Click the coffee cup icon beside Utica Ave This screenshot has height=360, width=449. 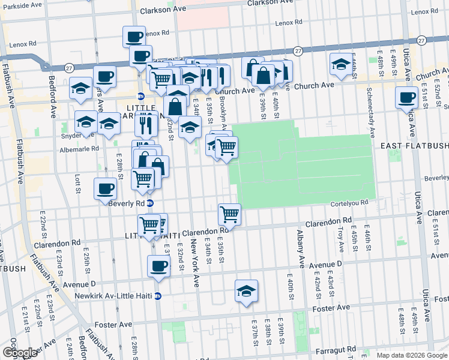click(x=406, y=97)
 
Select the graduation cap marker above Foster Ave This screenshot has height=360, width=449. click(x=246, y=292)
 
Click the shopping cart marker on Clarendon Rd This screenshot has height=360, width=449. click(x=229, y=214)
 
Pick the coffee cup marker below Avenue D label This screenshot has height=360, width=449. click(x=158, y=266)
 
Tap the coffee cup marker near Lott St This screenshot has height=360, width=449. click(x=105, y=189)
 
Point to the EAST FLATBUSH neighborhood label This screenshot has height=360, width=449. click(x=414, y=146)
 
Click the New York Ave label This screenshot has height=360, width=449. click(x=195, y=263)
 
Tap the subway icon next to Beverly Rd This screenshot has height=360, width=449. click(x=150, y=203)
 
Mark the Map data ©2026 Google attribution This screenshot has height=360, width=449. click(x=412, y=355)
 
